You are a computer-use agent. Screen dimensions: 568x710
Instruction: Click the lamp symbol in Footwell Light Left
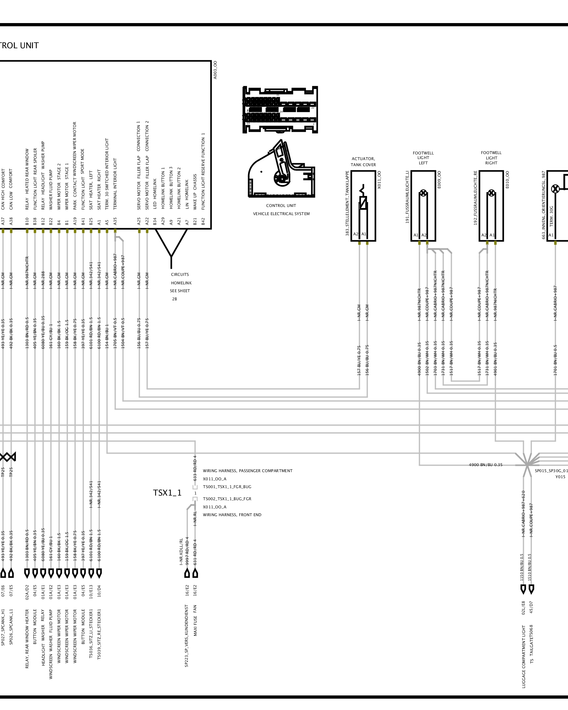[x=423, y=193]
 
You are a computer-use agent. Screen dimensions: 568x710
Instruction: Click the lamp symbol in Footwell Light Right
[x=491, y=193]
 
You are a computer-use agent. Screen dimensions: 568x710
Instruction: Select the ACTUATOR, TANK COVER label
[x=363, y=162]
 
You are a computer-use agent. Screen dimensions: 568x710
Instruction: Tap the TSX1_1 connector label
[x=167, y=493]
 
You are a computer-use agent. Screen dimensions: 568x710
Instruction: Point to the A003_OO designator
[x=215, y=70]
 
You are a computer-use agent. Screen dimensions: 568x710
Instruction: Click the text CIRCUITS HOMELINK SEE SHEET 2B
[x=180, y=286]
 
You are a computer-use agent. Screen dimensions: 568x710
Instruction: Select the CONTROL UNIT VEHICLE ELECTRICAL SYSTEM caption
[x=281, y=210]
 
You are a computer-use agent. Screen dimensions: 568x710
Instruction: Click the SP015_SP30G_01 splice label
[x=551, y=471]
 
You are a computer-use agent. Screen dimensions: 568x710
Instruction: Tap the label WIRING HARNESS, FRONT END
[x=232, y=515]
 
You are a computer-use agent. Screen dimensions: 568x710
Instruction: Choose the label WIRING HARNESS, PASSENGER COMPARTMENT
[x=248, y=471]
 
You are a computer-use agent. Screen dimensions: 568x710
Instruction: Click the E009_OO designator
[x=439, y=180]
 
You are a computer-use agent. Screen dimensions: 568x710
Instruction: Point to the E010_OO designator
[x=507, y=180]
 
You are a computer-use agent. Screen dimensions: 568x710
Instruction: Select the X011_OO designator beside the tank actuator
[x=379, y=180]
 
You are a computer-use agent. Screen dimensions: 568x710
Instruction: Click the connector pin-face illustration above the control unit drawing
[x=280, y=110]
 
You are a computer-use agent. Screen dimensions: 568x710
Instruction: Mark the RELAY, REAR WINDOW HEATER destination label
[x=27, y=639]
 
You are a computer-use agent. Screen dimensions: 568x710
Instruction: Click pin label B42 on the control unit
[x=203, y=222]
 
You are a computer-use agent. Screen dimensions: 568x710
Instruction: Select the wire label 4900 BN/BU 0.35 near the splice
[x=486, y=465]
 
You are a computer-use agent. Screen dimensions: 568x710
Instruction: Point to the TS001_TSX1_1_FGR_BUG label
[x=227, y=487]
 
